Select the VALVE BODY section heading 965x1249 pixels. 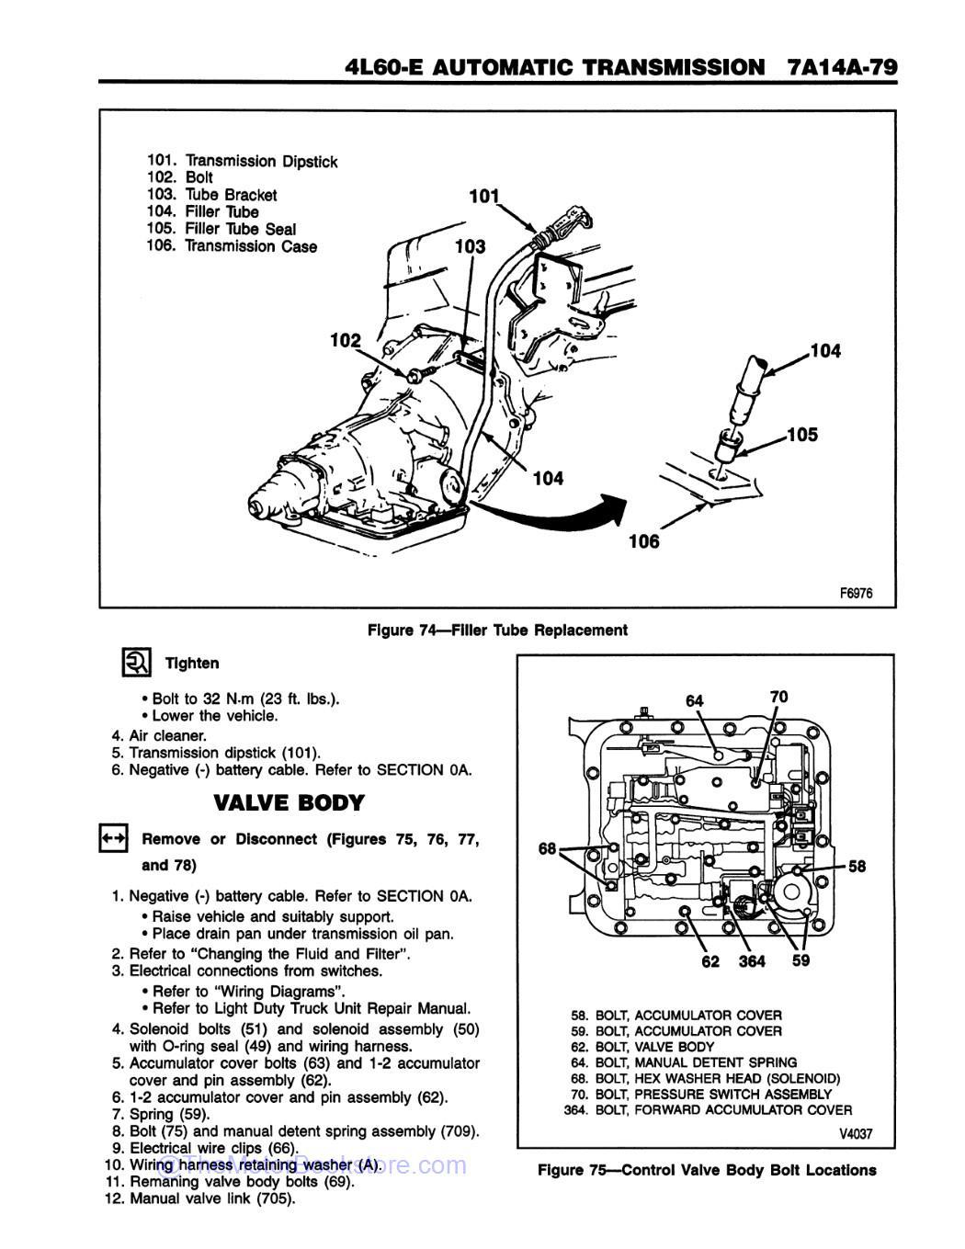(x=289, y=802)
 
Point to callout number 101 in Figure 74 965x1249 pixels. (x=483, y=196)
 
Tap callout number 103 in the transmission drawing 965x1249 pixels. (x=470, y=246)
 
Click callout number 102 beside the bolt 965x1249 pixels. (x=346, y=341)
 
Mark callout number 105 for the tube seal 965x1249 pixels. (x=801, y=435)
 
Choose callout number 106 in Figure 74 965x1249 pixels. (x=643, y=541)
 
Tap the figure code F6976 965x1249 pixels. (x=855, y=593)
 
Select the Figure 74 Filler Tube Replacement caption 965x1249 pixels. (x=497, y=630)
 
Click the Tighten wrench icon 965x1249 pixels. (x=135, y=662)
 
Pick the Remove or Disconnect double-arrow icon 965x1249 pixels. (x=113, y=838)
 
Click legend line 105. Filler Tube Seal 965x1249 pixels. (x=221, y=229)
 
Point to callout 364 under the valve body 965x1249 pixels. (x=752, y=961)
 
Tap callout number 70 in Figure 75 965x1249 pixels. (x=778, y=697)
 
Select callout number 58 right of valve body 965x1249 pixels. (x=857, y=866)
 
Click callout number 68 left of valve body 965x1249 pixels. (x=548, y=848)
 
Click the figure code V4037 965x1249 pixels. (x=855, y=1134)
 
